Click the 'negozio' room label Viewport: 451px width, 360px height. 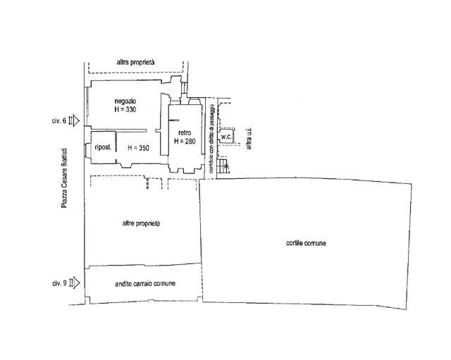[125, 101]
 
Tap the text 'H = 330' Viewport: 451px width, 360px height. [125, 110]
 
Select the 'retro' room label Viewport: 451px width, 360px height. [185, 133]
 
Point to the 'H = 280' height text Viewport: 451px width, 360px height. [185, 141]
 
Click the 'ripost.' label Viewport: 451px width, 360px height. [103, 147]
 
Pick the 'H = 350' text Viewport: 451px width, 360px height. [139, 148]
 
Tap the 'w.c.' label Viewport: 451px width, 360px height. [226, 137]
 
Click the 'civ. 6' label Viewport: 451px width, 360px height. [59, 121]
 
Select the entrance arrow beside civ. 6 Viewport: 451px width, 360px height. [74, 120]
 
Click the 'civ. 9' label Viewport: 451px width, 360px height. [59, 283]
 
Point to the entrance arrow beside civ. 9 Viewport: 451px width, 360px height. [74, 283]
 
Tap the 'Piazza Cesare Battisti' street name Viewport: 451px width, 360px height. [64, 178]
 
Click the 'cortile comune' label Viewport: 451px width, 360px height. [306, 243]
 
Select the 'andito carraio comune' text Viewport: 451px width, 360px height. [145, 284]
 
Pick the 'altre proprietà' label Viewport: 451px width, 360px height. [141, 224]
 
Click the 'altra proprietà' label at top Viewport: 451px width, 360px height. [135, 62]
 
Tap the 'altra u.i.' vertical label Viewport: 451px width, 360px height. [249, 139]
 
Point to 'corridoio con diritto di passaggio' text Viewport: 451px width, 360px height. [211, 139]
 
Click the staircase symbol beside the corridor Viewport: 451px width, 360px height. [223, 166]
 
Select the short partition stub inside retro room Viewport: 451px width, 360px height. [174, 120]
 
